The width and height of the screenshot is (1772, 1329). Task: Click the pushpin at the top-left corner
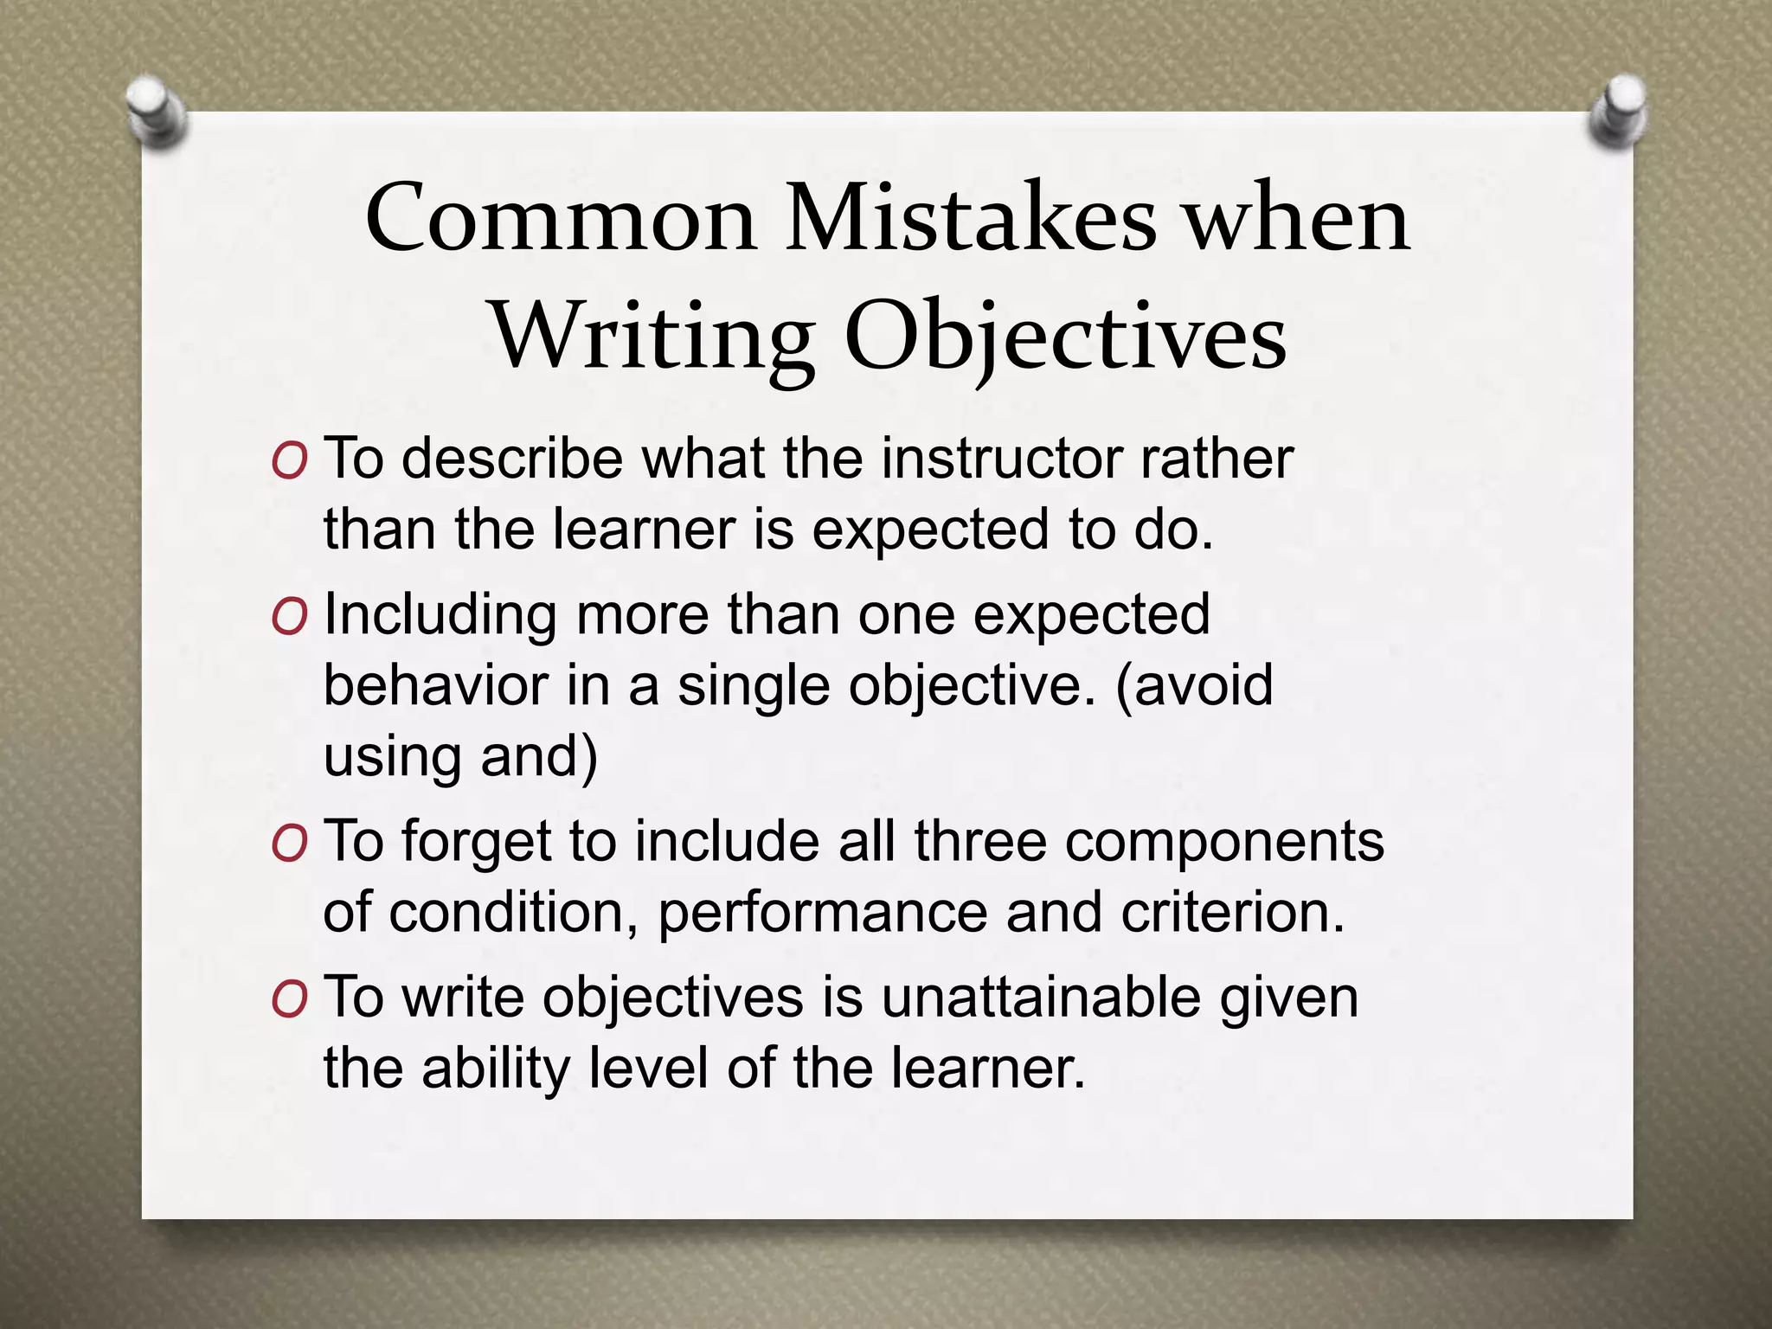tap(156, 113)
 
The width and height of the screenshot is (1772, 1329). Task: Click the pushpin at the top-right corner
tap(1619, 112)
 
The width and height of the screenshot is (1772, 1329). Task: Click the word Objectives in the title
tap(1065, 338)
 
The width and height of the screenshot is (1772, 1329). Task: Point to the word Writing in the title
tap(653, 338)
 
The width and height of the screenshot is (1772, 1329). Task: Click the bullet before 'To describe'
tap(289, 462)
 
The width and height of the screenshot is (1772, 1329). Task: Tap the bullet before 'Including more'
tap(289, 618)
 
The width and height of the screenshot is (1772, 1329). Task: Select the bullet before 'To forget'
tap(289, 844)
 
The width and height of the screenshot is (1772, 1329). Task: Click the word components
tap(1224, 841)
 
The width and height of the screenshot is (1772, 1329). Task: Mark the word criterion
tap(1233, 912)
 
